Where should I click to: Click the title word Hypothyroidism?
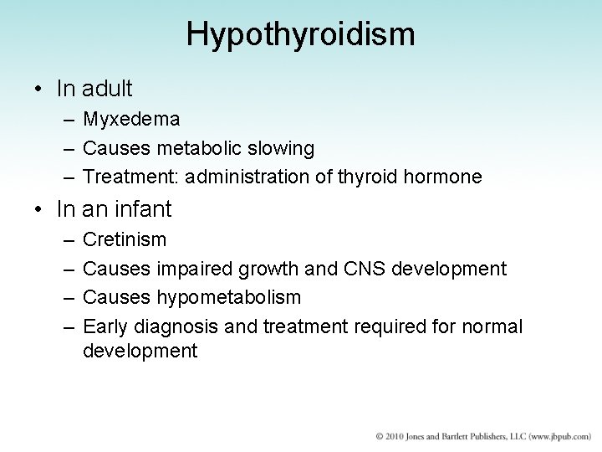pos(301,34)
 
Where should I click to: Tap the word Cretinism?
pos(125,240)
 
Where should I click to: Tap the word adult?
pos(108,87)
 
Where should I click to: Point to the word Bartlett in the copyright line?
pos(458,437)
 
